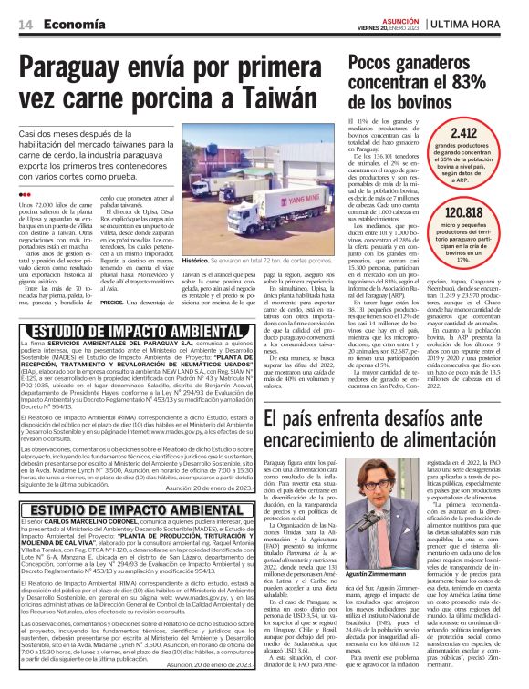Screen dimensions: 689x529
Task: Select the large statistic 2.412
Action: click(463, 134)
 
